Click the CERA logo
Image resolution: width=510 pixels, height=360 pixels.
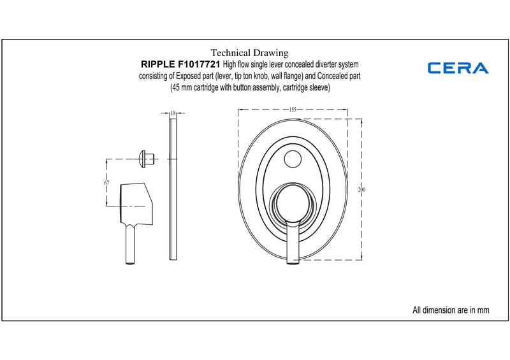tap(458, 68)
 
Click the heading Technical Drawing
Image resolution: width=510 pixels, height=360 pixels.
tap(249, 53)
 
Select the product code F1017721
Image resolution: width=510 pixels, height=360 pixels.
tap(199, 64)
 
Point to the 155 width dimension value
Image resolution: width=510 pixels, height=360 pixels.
tap(293, 110)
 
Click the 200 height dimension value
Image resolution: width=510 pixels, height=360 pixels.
tap(361, 189)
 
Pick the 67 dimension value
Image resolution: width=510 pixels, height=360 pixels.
tap(106, 183)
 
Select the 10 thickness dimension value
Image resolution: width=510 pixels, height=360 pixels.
tap(173, 113)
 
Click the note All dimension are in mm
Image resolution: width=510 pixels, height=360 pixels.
tap(451, 310)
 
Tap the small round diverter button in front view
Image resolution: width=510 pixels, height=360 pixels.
tap(293, 159)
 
